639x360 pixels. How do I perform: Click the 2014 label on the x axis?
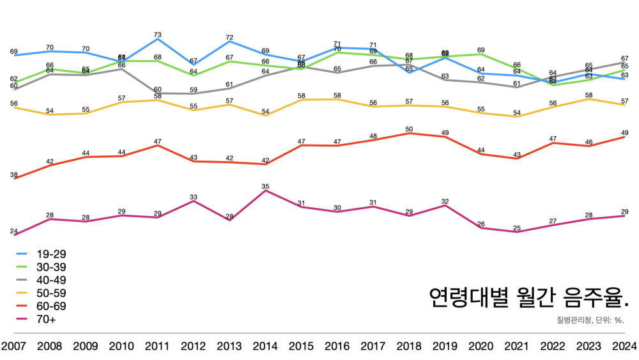click(265, 347)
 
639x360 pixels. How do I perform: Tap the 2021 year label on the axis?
click(516, 347)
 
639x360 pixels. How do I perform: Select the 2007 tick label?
click(14, 347)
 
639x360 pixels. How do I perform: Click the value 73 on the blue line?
click(157, 34)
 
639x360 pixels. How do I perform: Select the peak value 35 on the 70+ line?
click(265, 186)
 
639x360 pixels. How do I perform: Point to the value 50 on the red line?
click(409, 129)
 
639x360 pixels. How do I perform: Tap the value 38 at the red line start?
click(13, 175)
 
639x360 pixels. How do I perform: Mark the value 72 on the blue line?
click(229, 38)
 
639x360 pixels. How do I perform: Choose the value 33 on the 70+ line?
click(193, 197)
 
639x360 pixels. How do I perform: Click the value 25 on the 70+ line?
click(517, 228)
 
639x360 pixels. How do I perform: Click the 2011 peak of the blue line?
click(157, 40)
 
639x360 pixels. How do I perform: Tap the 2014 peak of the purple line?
click(265, 191)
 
